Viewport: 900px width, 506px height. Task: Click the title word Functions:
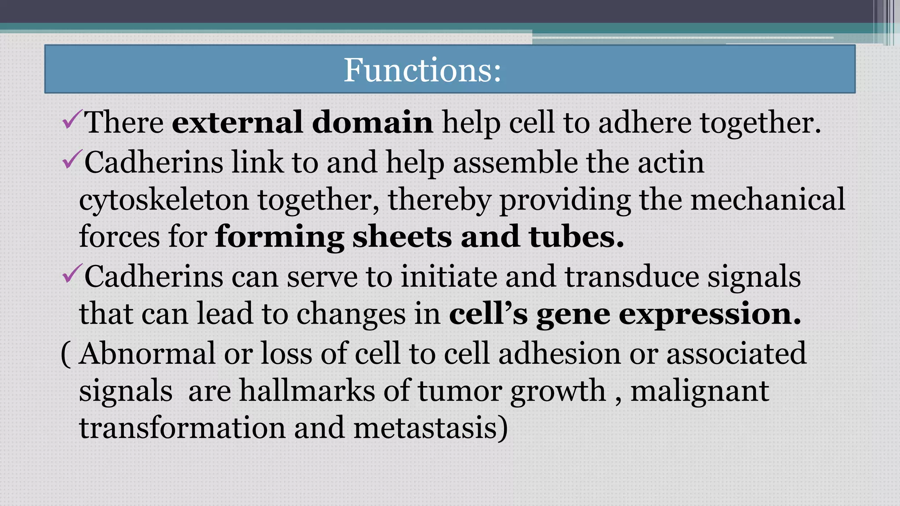pyautogui.click(x=422, y=70)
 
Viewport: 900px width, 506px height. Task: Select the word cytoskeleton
pyautogui.click(x=164, y=200)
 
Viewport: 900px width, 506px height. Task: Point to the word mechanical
pyautogui.click(x=768, y=199)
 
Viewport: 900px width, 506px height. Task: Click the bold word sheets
pyautogui.click(x=402, y=237)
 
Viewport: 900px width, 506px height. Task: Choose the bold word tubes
pyautogui.click(x=576, y=237)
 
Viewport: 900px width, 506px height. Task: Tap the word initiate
pyautogui.click(x=449, y=277)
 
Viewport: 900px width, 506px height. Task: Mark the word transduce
pyautogui.click(x=631, y=277)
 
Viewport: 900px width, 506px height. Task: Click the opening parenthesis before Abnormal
pyautogui.click(x=65, y=354)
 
